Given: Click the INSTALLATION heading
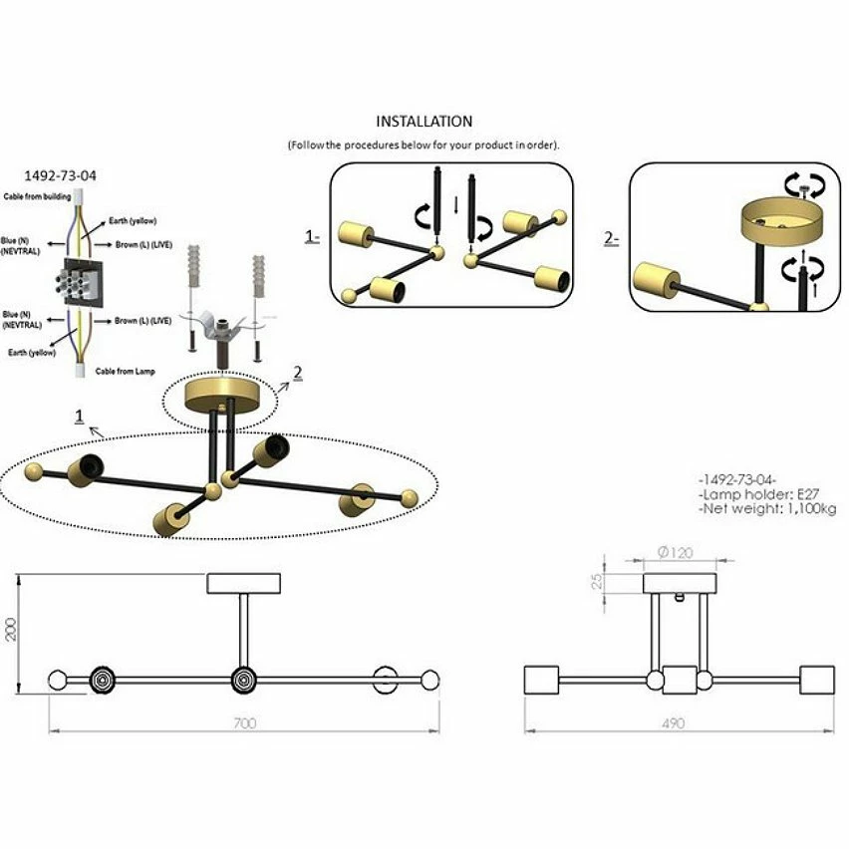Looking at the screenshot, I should click(x=424, y=122).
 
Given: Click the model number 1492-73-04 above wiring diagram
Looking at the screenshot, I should click(x=61, y=176).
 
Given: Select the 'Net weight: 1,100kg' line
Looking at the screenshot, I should click(x=767, y=509).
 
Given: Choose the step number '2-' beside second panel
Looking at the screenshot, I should click(x=612, y=239).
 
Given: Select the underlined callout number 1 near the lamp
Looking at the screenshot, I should click(x=79, y=415).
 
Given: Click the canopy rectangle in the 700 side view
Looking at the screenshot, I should click(x=244, y=583).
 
